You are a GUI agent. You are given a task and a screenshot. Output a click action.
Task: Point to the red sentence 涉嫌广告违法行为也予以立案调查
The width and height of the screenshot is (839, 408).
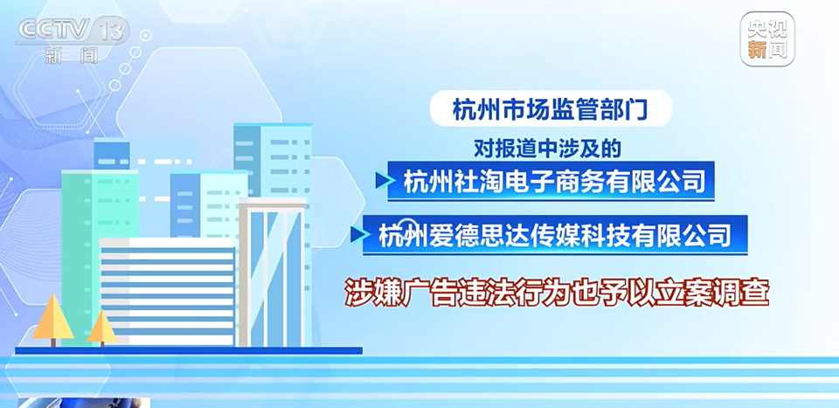(x=556, y=294)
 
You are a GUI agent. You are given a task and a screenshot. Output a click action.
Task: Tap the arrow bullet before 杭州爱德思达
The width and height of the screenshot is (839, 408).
(x=358, y=234)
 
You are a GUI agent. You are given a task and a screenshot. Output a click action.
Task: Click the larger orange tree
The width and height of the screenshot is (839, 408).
(x=52, y=319)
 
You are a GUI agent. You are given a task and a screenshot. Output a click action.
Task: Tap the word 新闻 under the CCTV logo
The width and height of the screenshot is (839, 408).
(x=70, y=56)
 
